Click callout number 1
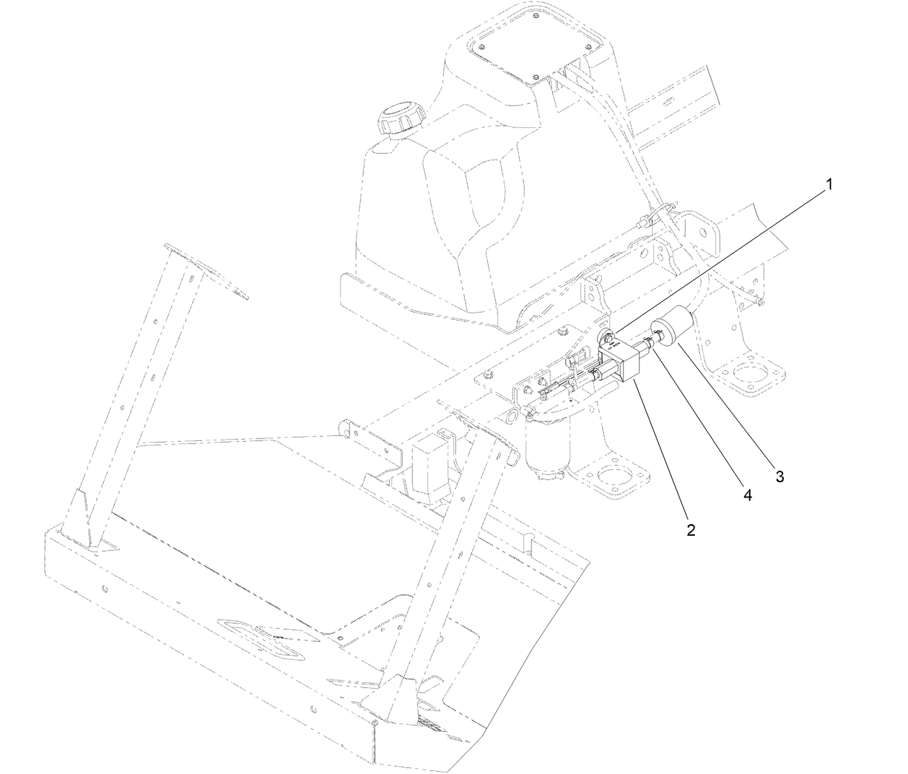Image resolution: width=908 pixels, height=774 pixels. [829, 185]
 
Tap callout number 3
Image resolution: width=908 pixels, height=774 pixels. [780, 477]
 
